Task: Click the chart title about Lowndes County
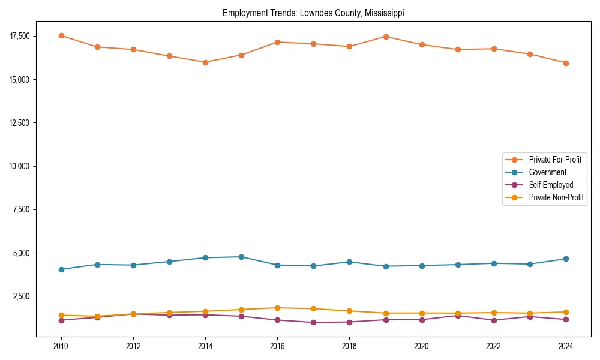click(x=313, y=13)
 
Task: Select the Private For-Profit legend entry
click(x=555, y=160)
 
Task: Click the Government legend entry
click(x=547, y=172)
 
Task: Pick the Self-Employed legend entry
click(x=551, y=185)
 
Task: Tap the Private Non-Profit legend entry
click(x=556, y=197)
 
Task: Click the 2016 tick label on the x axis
click(x=277, y=346)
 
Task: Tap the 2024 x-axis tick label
click(x=565, y=346)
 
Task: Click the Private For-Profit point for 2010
click(x=61, y=35)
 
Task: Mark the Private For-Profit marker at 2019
click(x=386, y=37)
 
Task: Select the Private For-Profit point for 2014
click(x=205, y=62)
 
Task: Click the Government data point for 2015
click(x=241, y=257)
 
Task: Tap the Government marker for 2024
click(x=565, y=259)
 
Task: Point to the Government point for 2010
click(x=61, y=269)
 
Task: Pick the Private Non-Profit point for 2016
click(x=277, y=308)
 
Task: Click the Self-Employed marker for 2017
click(x=313, y=323)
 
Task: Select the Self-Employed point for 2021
click(x=457, y=316)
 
